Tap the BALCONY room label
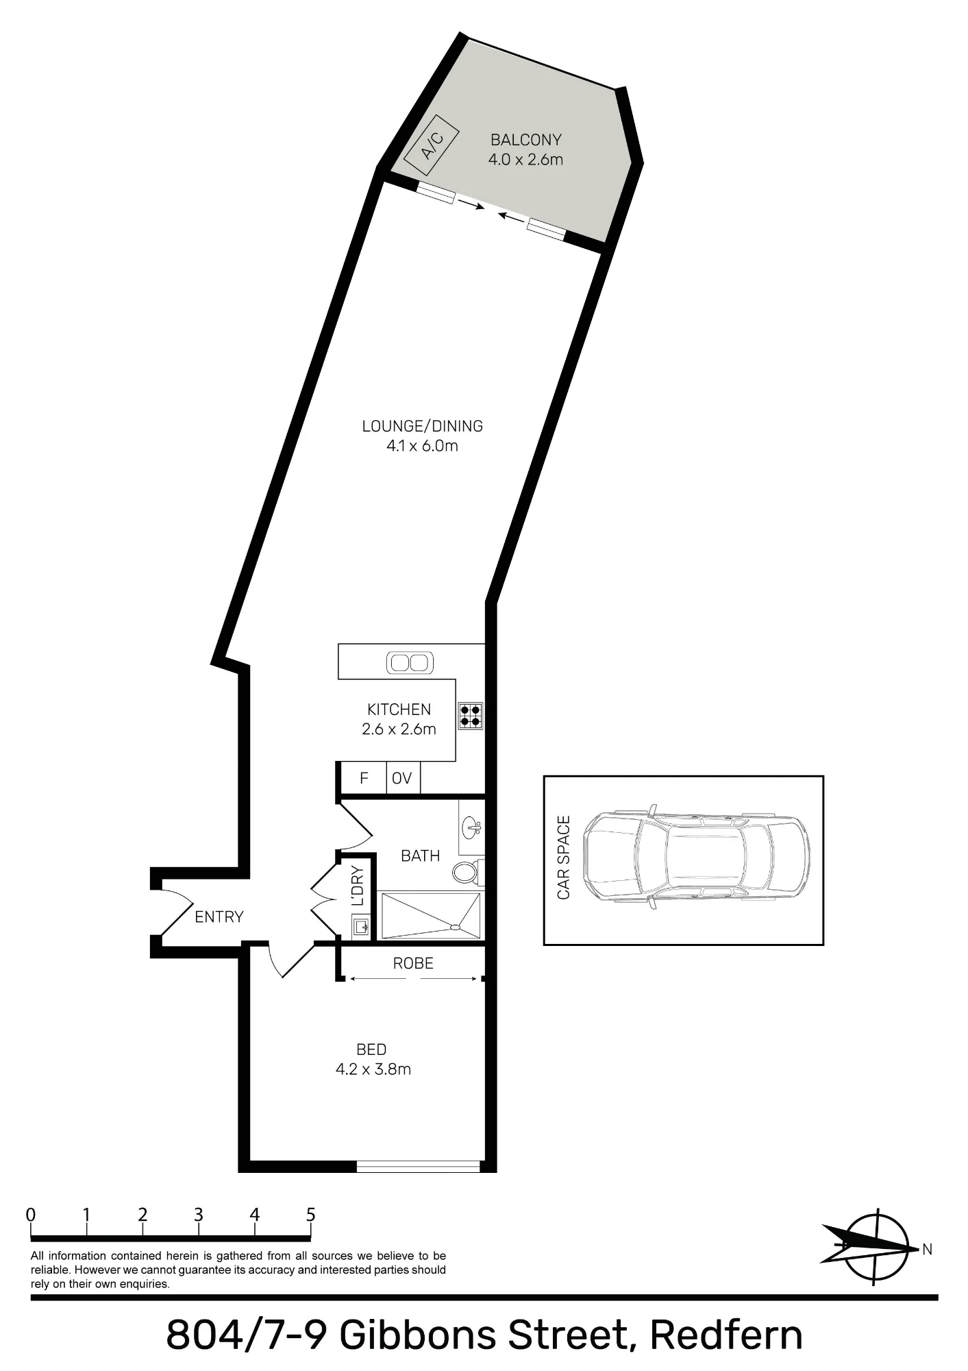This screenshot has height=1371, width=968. coord(526,140)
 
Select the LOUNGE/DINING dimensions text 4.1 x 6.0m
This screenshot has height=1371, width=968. coord(422,446)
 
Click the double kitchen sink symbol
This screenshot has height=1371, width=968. coord(409,663)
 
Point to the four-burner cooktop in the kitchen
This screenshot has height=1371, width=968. coord(471,716)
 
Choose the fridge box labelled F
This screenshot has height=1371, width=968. coord(364,778)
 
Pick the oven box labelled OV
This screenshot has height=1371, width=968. coord(403,778)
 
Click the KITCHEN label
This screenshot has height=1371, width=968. coord(399,709)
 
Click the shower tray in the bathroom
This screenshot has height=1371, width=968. coord(430,915)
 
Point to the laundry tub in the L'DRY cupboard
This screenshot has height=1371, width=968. coord(361,928)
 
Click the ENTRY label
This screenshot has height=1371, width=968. coord(219,917)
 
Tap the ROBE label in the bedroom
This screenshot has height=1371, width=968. coord(413,964)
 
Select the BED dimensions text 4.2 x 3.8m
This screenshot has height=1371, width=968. coord(373,1069)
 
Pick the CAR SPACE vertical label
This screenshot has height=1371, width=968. coord(564,858)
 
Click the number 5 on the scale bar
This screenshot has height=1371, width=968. coord(311,1215)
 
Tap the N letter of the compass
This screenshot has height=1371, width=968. coord(927,1250)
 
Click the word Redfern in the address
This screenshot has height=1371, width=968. coord(725,1335)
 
